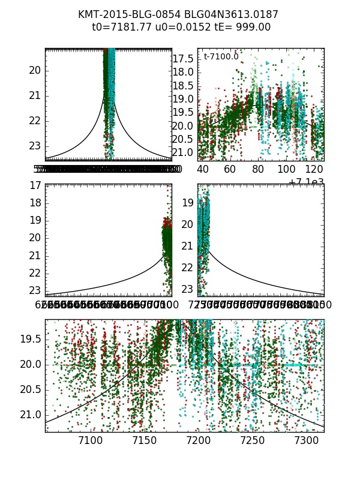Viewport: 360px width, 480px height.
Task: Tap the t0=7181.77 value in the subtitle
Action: point(121,28)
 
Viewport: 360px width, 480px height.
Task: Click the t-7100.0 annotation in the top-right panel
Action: point(221,57)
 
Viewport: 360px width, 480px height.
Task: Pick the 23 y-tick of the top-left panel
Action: point(35,146)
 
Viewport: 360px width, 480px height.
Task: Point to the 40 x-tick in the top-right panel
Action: point(202,170)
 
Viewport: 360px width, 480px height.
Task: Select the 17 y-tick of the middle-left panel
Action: point(35,186)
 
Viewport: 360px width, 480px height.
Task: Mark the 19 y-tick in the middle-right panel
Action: point(188,203)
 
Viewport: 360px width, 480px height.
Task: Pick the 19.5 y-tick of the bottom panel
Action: point(30,339)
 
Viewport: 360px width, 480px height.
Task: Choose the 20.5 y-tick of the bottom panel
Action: point(30,389)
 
